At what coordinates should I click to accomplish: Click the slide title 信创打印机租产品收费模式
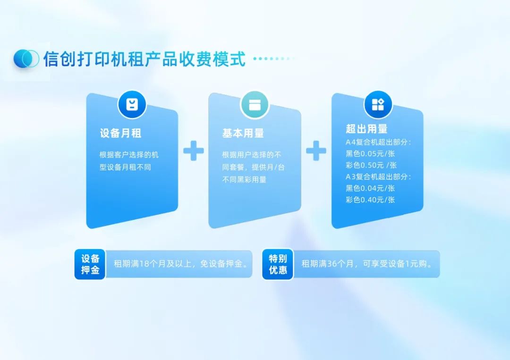tap(144, 59)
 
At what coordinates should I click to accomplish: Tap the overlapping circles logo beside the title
tap(26, 59)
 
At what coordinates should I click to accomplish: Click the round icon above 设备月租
tap(132, 104)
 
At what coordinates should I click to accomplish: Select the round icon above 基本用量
tap(255, 104)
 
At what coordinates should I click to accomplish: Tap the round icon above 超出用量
tap(378, 104)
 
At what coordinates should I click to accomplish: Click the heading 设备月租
tap(120, 134)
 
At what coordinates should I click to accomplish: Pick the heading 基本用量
tap(243, 134)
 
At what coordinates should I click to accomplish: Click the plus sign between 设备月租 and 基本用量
tap(194, 151)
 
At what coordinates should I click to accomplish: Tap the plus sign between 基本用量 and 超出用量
tap(316, 151)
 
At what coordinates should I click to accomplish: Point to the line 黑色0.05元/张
tap(370, 154)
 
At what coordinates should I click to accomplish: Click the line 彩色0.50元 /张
tap(371, 165)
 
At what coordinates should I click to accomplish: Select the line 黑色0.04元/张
tap(370, 188)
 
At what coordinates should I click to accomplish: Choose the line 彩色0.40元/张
tap(370, 200)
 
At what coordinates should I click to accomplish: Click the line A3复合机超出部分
tap(378, 177)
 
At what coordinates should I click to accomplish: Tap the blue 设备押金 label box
tap(90, 264)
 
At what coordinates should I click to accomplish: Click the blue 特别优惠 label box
tap(278, 264)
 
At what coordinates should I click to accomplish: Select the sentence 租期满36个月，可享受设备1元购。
tap(367, 264)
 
